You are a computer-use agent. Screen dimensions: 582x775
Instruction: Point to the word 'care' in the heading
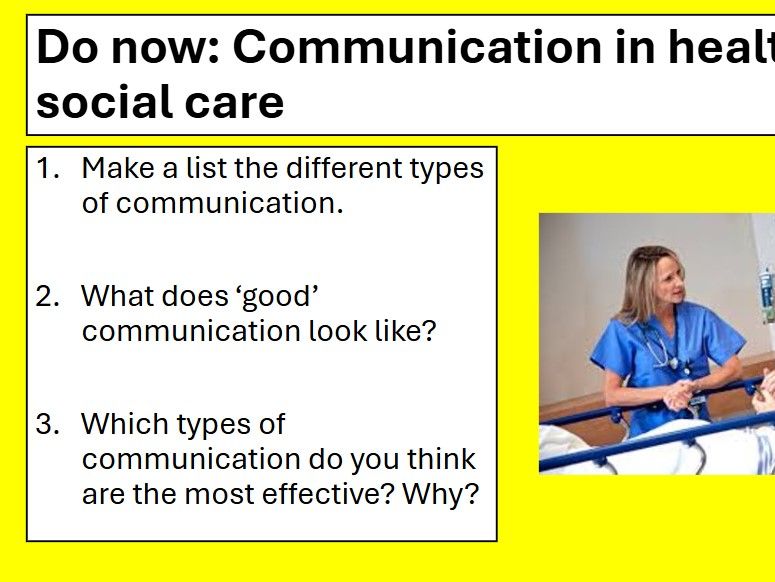coord(234,102)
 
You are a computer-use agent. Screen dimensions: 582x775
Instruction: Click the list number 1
coord(48,168)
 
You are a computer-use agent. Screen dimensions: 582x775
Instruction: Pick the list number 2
coord(48,296)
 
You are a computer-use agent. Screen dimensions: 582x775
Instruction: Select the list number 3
coord(48,424)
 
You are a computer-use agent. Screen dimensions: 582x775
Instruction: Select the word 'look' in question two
coord(335,331)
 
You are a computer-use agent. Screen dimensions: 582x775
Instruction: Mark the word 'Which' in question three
coord(125,424)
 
